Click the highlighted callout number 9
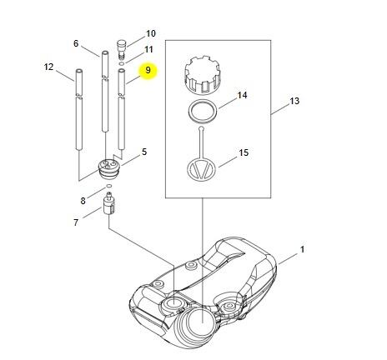pos(148,70)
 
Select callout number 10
pos(151,33)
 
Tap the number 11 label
pos(148,49)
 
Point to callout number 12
pos(48,67)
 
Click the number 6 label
pos(76,43)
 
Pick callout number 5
pos(144,152)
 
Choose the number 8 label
pos(83,201)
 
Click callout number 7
pos(76,222)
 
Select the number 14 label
pos(242,95)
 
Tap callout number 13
pos(294,101)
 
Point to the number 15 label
pos(244,152)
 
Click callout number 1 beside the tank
pos(302,249)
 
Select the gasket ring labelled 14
pos(203,111)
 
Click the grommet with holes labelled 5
pos(109,169)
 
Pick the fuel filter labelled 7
pos(109,203)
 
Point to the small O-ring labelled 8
pos(109,186)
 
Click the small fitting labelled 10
pos(121,49)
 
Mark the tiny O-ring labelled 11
pos(122,63)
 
